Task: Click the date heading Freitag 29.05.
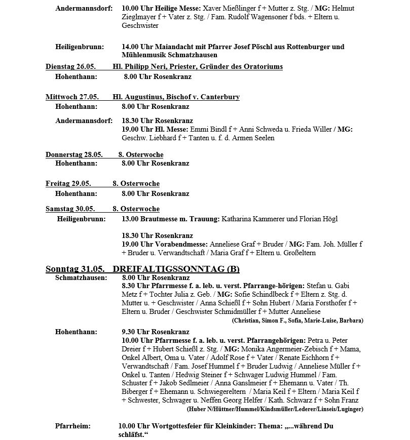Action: pos(68,183)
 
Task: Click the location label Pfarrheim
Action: pos(73,426)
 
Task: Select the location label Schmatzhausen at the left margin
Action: pos(81,277)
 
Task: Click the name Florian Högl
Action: pos(319,219)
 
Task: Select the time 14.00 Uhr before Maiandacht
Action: pos(137,47)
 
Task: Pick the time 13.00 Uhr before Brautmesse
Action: pos(137,219)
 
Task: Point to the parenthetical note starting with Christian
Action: pos(297,321)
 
